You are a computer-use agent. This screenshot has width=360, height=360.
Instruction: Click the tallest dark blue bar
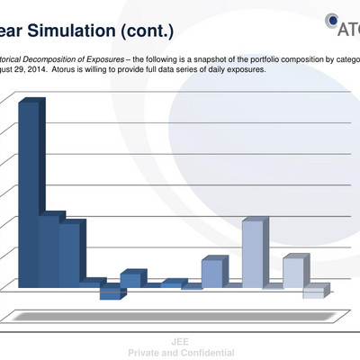tap(28, 193)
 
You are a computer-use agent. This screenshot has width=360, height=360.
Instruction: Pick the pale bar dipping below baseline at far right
tap(313, 292)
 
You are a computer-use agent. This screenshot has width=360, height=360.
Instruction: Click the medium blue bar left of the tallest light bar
tap(211, 274)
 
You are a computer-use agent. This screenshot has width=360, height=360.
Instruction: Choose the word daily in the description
tap(217, 68)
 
